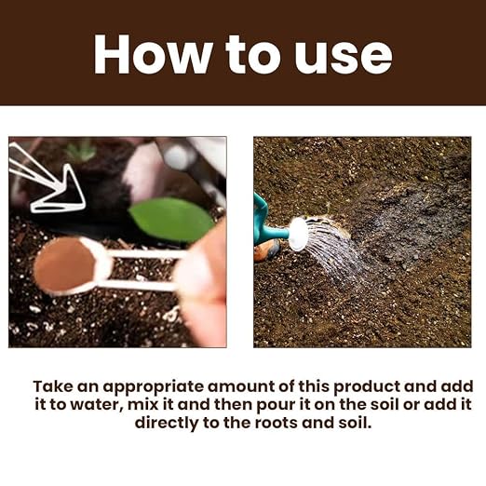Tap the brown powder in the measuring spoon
tap(64, 264)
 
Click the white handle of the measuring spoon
tap(142, 269)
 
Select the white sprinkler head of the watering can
tap(298, 234)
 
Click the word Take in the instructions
tap(53, 386)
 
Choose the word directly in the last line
tap(167, 424)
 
